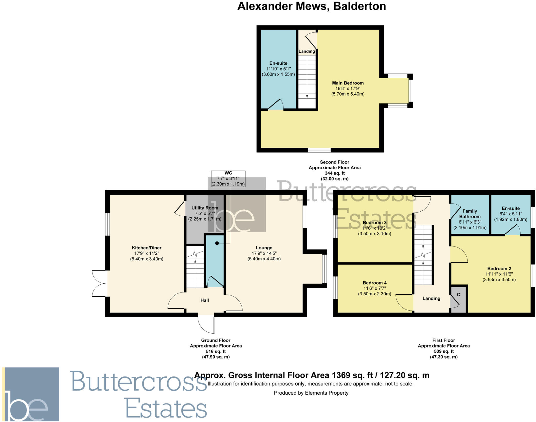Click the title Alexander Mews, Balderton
coord(311,6)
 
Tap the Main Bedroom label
coord(348,83)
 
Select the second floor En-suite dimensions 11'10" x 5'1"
coord(278,69)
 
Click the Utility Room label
coord(205,208)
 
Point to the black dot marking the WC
coord(217,243)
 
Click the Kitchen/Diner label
coord(147,248)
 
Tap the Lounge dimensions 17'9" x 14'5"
coord(264,253)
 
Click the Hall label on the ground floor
coord(204,300)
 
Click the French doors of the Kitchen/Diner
coord(99,284)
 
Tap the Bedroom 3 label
coord(375,223)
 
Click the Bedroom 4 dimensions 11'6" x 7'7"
coord(375,288)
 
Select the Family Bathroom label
coord(470,214)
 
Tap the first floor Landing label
coord(431,298)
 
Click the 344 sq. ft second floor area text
coord(334,173)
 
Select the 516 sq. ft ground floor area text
coord(216,351)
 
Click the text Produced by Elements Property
coord(311,393)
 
